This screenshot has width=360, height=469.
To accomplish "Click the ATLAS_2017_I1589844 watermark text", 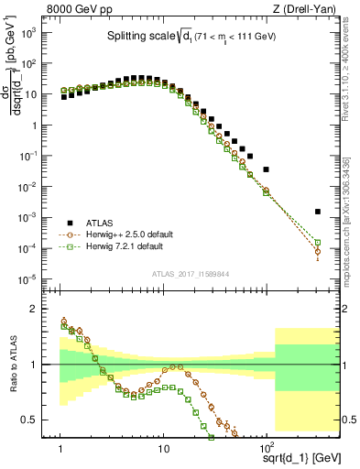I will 191,273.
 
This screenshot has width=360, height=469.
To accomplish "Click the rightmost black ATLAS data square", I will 317,212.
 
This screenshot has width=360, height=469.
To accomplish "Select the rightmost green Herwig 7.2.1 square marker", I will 317,243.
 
